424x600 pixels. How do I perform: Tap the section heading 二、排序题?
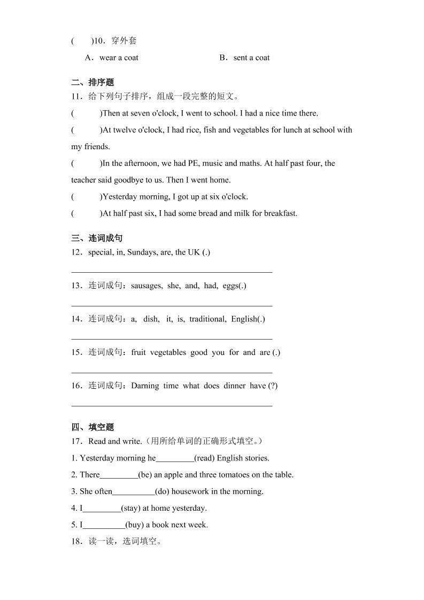click(x=92, y=82)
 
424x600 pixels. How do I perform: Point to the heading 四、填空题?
click(x=92, y=427)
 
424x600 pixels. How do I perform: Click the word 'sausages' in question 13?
click(x=147, y=286)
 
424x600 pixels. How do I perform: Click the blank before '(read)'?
click(x=174, y=459)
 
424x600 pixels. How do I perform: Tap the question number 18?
click(x=76, y=542)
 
